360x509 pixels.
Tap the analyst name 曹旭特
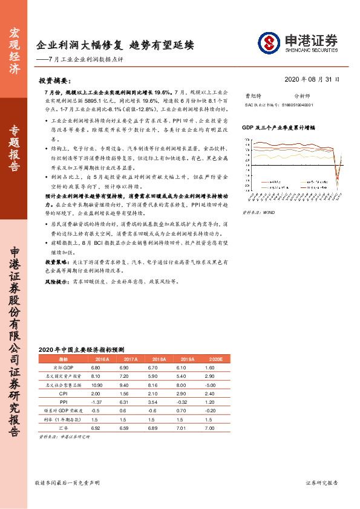click(251, 96)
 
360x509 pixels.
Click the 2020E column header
click(215, 358)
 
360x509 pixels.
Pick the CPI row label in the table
click(63, 392)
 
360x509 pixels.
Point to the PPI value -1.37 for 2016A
click(95, 401)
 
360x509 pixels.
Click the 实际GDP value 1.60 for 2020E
click(210, 367)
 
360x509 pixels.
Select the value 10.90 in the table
click(95, 384)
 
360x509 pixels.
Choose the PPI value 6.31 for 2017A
click(124, 401)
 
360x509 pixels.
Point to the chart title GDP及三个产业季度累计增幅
click(279, 129)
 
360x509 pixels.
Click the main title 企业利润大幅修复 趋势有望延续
click(115, 45)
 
